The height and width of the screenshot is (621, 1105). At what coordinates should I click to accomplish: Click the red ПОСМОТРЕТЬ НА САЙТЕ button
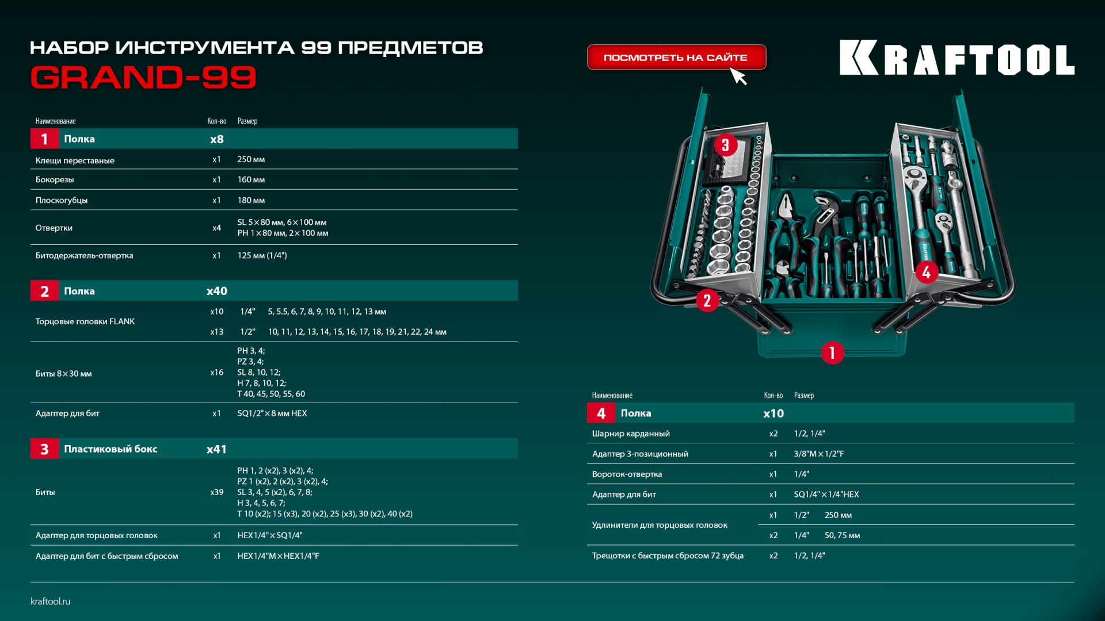coord(676,57)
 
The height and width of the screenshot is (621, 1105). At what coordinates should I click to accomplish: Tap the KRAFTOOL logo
coord(957,58)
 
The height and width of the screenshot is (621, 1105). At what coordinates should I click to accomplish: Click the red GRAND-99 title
coord(143,78)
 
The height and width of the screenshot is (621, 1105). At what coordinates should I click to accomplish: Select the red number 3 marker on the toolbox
coord(725,145)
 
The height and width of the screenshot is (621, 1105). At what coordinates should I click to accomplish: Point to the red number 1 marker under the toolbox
coord(832,352)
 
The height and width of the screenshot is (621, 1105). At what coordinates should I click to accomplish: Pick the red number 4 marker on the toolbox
coord(926,272)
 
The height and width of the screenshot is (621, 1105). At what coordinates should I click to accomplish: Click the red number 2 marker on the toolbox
coord(707,300)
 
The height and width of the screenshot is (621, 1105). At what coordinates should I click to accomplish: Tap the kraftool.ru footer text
coord(51,601)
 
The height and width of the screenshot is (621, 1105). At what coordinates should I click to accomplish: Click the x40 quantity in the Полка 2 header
coord(217,292)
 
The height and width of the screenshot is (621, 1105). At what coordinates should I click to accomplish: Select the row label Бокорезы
coord(55,180)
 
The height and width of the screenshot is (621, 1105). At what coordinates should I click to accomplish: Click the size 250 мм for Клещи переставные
coord(251,159)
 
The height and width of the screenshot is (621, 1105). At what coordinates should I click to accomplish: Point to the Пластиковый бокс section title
coord(110,449)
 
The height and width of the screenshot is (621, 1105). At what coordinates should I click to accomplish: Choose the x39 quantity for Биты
coord(216,492)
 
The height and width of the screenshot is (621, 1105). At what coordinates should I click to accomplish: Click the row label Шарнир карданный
coord(631,434)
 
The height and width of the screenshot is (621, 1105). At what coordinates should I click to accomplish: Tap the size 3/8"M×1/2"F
coord(818,454)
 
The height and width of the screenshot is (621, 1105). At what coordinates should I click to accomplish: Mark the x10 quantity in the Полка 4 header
coord(773,413)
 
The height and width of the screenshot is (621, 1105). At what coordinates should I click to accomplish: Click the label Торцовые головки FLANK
coord(85,321)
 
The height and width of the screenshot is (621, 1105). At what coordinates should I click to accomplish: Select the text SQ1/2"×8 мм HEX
coord(272,413)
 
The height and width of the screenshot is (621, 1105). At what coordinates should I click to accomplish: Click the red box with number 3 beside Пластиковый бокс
coord(44,449)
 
